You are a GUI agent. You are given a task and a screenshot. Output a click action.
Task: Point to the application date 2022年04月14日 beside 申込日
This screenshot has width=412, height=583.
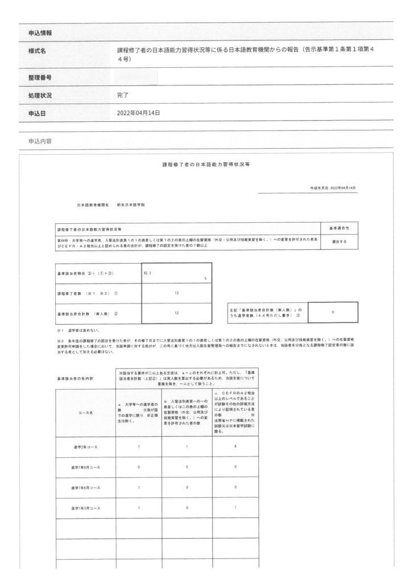pyautogui.click(x=138, y=113)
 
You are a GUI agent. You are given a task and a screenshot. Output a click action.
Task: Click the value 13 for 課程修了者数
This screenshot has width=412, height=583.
pyautogui.click(x=177, y=293)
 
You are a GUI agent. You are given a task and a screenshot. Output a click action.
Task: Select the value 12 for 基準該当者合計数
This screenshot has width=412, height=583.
pyautogui.click(x=177, y=314)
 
